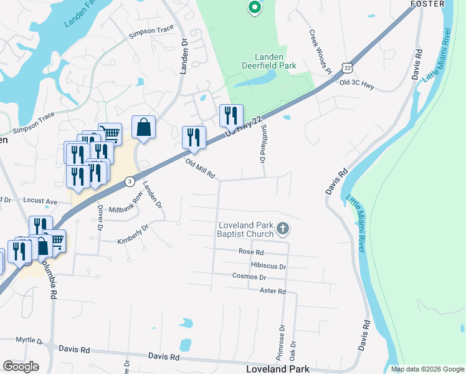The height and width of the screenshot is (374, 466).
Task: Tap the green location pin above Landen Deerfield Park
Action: (x=254, y=8)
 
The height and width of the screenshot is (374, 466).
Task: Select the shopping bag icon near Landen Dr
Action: (x=143, y=128)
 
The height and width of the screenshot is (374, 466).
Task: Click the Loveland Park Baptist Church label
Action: (x=245, y=229)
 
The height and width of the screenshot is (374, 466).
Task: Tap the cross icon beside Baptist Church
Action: (x=283, y=229)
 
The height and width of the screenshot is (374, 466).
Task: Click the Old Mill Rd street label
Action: (x=200, y=169)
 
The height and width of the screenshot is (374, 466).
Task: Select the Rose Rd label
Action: (x=251, y=252)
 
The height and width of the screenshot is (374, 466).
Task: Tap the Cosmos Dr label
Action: (x=249, y=277)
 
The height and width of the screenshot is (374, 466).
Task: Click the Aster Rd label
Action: (x=272, y=291)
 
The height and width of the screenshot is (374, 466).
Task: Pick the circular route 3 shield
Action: (x=129, y=181)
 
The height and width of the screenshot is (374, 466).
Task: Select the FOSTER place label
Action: (x=427, y=4)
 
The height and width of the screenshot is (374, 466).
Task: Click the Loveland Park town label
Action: (x=278, y=369)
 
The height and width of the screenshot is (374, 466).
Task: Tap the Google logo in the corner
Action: (x=21, y=367)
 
